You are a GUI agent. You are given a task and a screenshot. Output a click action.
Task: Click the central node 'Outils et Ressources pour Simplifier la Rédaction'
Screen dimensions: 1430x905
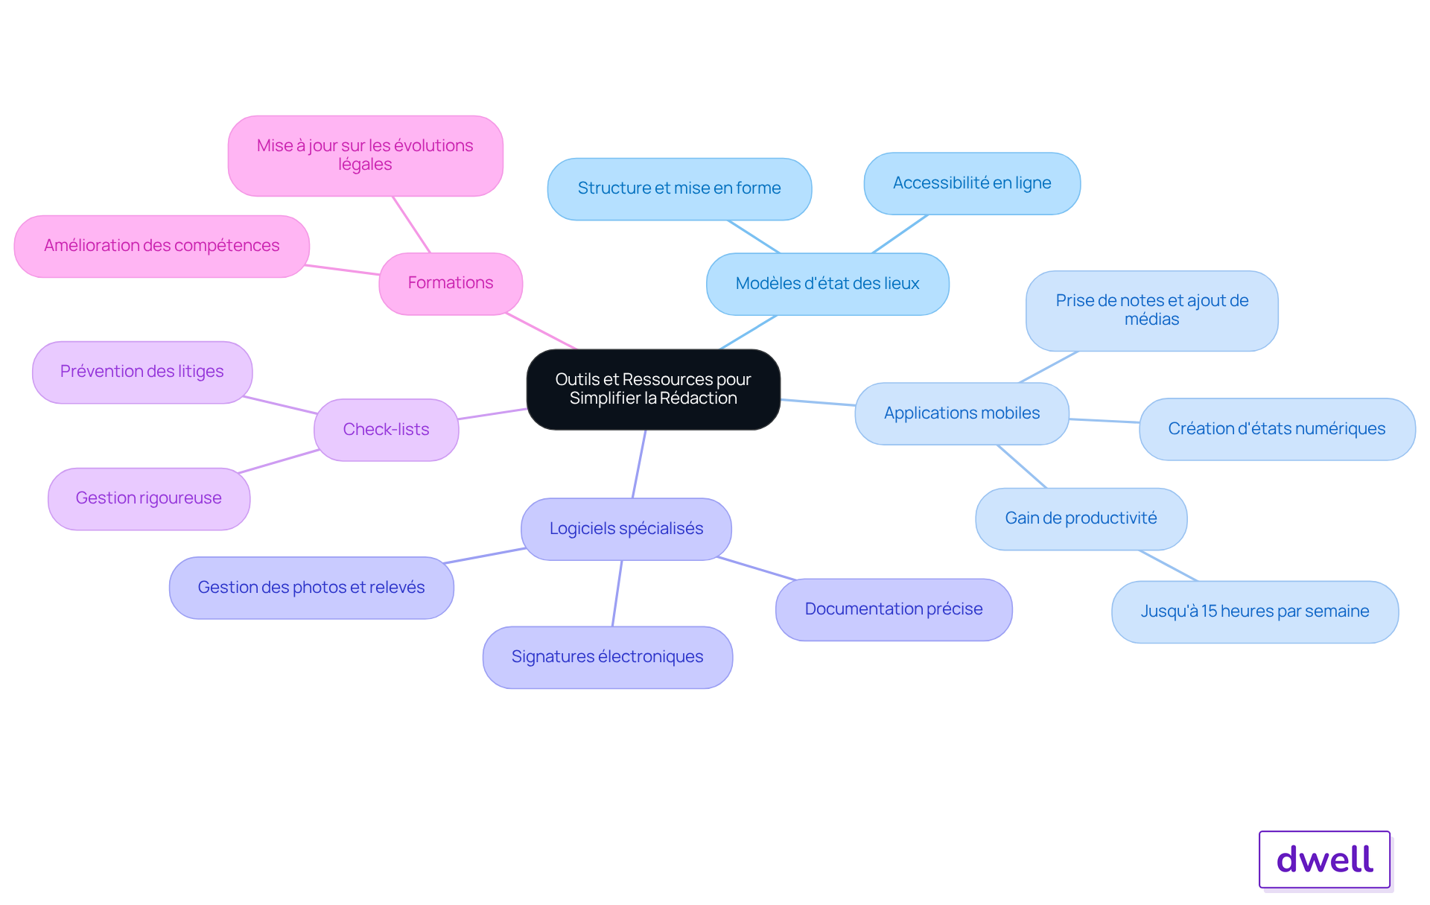tap(653, 389)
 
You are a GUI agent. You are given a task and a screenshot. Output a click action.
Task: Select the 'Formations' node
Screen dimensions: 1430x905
tap(451, 283)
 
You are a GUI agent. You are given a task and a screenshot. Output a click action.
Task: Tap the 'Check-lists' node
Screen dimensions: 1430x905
tap(386, 430)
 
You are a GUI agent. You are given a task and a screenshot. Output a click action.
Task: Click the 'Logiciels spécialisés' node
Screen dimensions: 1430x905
tap(626, 529)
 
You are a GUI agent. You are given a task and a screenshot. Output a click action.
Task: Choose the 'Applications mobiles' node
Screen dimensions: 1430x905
tap(962, 413)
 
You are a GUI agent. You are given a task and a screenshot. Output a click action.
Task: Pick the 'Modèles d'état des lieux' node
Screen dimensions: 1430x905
tap(827, 284)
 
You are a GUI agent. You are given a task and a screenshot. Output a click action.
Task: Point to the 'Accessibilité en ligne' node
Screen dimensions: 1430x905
tap(972, 183)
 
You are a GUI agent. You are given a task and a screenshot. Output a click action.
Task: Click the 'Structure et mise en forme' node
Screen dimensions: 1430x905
tap(679, 188)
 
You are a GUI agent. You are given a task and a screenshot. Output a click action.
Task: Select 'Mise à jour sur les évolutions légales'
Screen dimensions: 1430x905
tap(365, 155)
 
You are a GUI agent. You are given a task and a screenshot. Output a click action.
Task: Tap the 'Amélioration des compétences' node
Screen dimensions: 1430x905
tap(162, 246)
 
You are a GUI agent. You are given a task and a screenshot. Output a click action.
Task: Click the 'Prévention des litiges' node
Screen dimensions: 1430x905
tap(142, 372)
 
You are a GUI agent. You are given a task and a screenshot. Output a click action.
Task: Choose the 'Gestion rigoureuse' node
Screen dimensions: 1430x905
tap(149, 498)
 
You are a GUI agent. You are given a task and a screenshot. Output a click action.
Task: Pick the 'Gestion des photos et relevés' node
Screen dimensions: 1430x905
tap(311, 588)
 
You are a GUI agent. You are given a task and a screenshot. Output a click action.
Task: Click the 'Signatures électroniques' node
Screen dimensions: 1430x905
tap(608, 657)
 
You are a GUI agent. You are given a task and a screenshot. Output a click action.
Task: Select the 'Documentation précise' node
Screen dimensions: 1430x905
tap(894, 609)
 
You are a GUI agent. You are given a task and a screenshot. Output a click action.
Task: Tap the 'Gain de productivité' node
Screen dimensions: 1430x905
tap(1081, 518)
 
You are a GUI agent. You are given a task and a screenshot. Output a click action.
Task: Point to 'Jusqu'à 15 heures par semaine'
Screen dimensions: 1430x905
tap(1255, 612)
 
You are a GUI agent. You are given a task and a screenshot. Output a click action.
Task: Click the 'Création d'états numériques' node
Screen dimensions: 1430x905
tap(1277, 429)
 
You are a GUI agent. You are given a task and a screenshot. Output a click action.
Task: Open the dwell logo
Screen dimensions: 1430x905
tap(1325, 860)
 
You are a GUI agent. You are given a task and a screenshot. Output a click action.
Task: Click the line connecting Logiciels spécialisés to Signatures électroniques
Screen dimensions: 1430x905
tap(617, 593)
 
